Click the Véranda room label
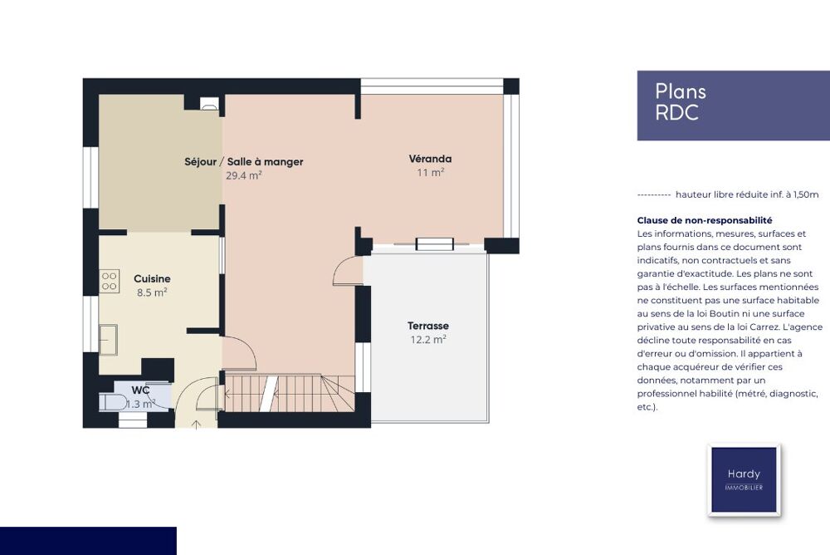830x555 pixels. click(x=430, y=159)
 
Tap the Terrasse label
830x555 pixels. click(x=427, y=326)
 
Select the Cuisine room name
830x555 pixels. click(x=152, y=278)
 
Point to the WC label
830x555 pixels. click(x=140, y=390)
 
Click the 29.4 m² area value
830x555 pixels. click(x=243, y=175)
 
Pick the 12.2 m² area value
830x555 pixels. click(x=427, y=339)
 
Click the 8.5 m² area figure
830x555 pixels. click(x=152, y=292)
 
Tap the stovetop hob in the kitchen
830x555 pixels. click(x=109, y=281)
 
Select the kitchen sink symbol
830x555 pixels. click(x=108, y=340)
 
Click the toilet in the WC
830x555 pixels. click(x=112, y=402)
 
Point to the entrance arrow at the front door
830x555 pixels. click(x=196, y=424)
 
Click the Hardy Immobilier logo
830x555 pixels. click(x=744, y=479)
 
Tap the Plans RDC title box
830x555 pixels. click(x=733, y=106)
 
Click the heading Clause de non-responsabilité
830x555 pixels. click(x=705, y=220)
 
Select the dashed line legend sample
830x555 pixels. click(x=654, y=195)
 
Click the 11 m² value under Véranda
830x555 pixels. click(x=430, y=172)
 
